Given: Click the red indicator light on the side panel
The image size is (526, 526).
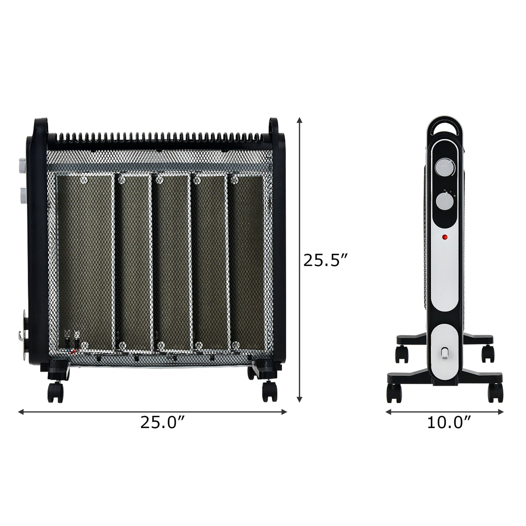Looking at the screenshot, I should click(x=444, y=238).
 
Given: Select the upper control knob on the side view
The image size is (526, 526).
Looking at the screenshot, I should click(x=444, y=168).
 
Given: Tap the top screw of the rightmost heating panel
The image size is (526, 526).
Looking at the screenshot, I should click(x=235, y=179).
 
